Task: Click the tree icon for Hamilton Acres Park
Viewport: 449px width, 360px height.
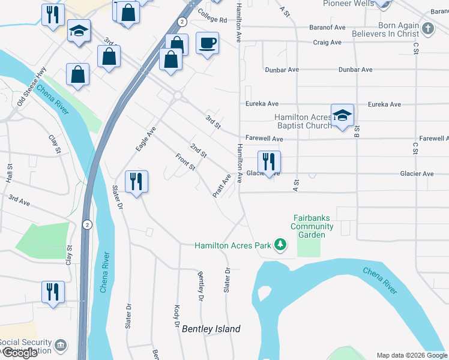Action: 279,244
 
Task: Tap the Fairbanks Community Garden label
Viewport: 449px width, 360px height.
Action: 312,226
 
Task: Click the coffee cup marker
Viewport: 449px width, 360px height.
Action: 207,44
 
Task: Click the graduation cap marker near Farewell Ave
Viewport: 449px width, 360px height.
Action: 342,116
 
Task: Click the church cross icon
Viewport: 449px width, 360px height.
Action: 427,28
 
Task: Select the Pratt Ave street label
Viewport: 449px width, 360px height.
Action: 222,186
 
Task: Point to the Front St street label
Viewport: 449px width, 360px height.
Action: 185,161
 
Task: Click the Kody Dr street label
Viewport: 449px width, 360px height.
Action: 177,316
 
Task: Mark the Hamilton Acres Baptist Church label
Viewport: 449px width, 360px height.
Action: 303,121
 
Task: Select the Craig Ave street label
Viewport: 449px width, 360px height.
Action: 327,43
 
